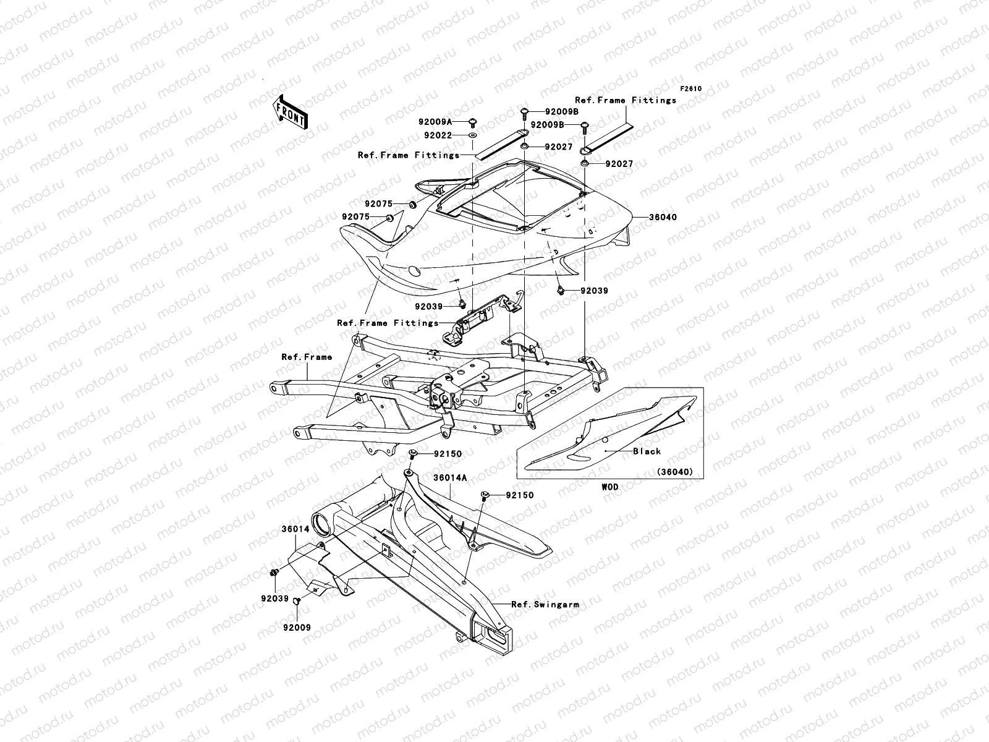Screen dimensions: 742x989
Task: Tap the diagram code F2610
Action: click(691, 88)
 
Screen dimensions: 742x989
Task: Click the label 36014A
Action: click(450, 478)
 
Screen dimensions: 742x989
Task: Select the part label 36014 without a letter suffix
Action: click(295, 530)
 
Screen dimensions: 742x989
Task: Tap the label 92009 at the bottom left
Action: click(297, 628)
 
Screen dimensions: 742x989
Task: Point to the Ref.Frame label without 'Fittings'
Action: click(307, 357)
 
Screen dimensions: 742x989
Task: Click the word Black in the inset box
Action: click(647, 451)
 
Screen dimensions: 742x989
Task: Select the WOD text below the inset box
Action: click(609, 487)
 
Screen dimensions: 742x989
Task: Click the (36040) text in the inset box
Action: click(675, 472)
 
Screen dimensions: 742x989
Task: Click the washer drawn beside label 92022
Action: click(473, 135)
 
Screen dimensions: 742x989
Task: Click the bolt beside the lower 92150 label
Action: click(486, 495)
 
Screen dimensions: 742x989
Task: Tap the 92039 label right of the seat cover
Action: click(594, 291)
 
